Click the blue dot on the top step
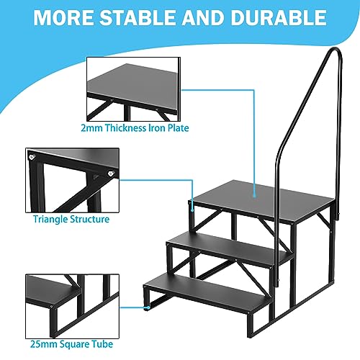256,191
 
